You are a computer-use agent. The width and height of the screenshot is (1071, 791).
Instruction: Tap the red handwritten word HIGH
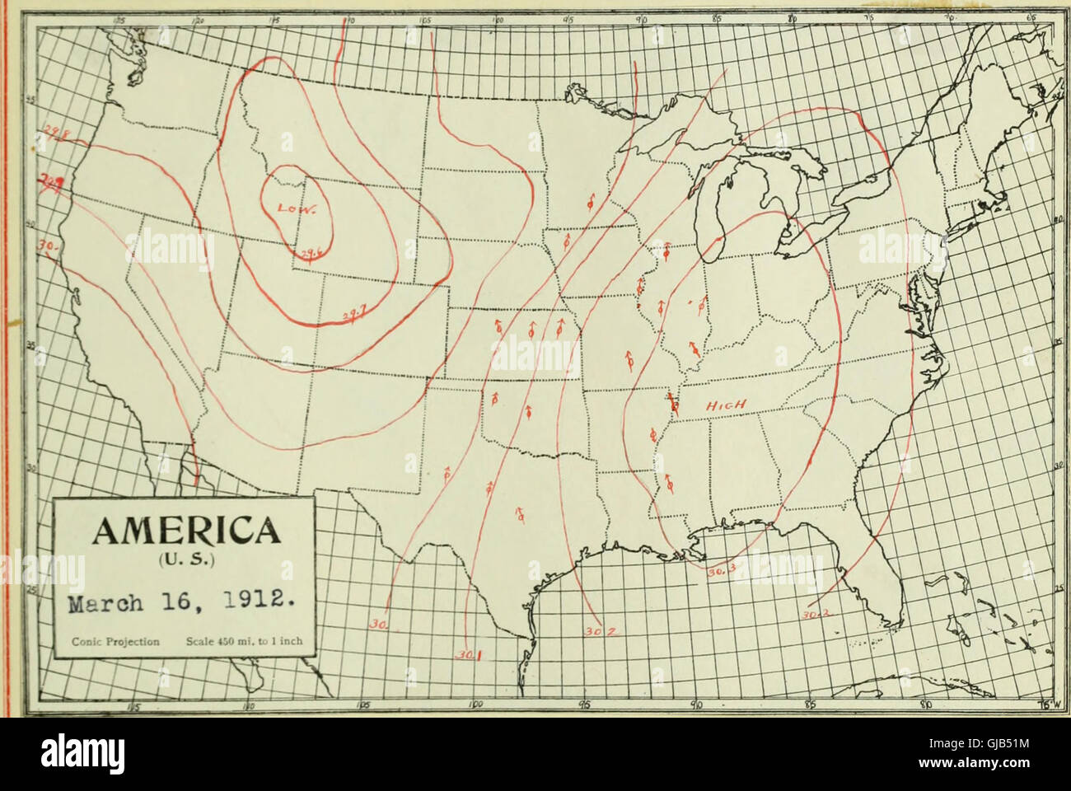726,405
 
